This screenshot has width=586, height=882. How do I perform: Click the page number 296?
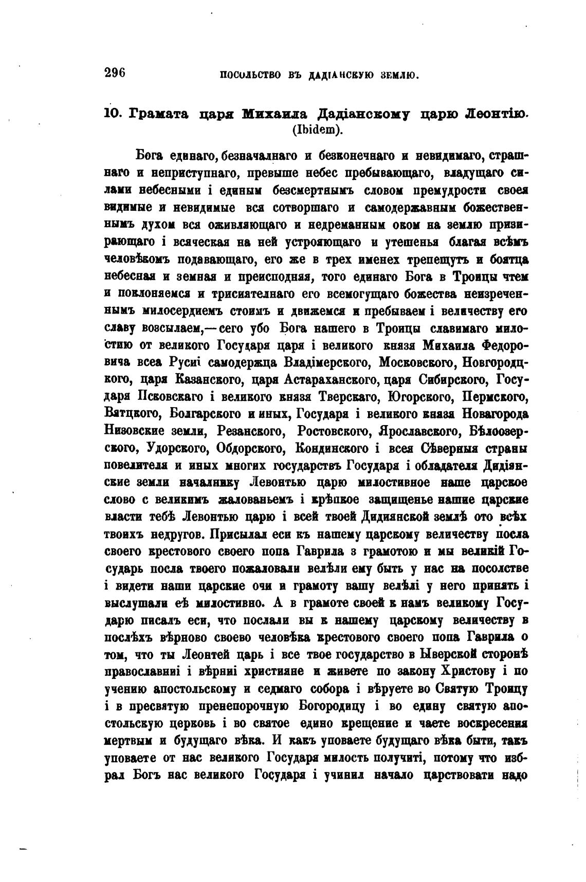pyautogui.click(x=115, y=72)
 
